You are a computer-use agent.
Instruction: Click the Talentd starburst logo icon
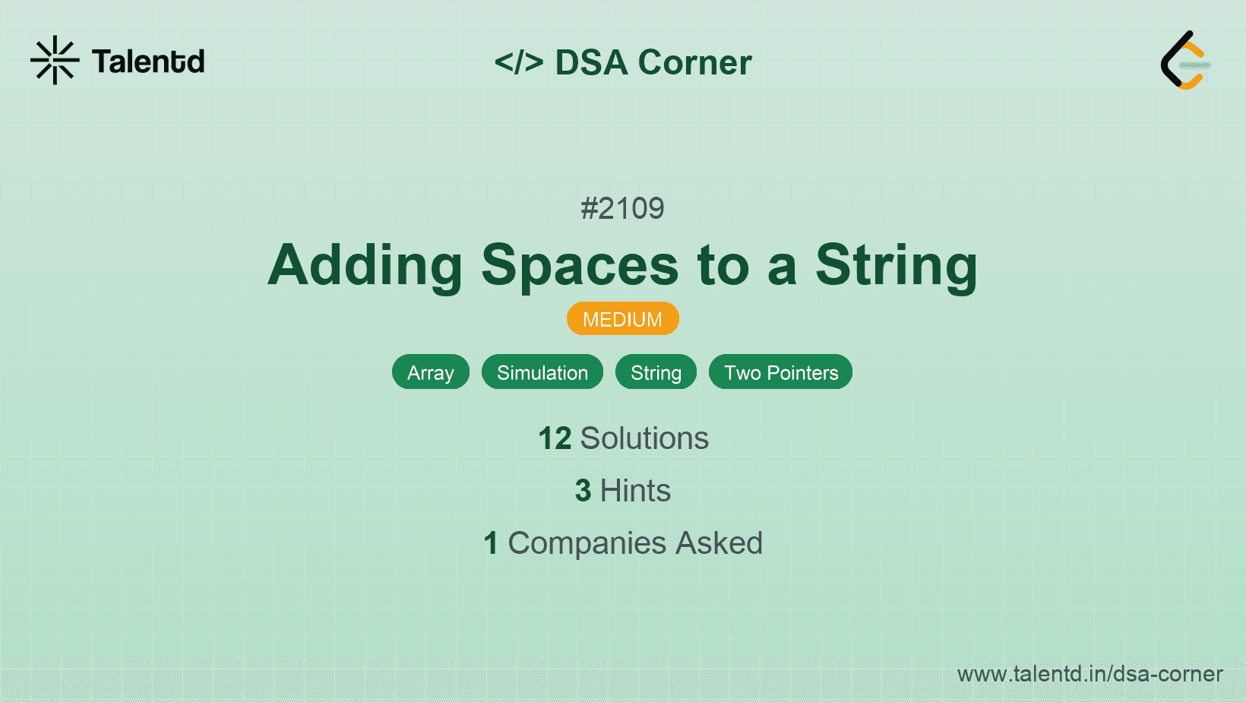pos(55,60)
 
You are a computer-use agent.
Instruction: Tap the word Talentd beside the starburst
pos(148,62)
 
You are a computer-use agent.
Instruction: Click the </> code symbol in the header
pos(518,62)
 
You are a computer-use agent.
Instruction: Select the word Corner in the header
pos(694,62)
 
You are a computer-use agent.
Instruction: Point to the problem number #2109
pos(622,209)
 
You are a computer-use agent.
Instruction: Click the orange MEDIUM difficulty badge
pos(623,319)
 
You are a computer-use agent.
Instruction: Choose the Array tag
pos(431,372)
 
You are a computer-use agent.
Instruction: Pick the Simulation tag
pos(542,372)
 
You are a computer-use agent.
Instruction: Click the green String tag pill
pos(656,372)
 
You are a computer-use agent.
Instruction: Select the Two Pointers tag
pos(780,372)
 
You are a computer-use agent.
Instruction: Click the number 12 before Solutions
pos(555,438)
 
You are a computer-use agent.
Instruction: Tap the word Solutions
pos(645,438)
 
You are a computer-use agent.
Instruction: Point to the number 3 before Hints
pos(583,491)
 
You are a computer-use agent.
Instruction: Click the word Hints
pos(635,491)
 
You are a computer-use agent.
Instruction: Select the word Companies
pos(587,543)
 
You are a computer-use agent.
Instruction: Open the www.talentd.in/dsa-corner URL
pos(1089,674)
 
